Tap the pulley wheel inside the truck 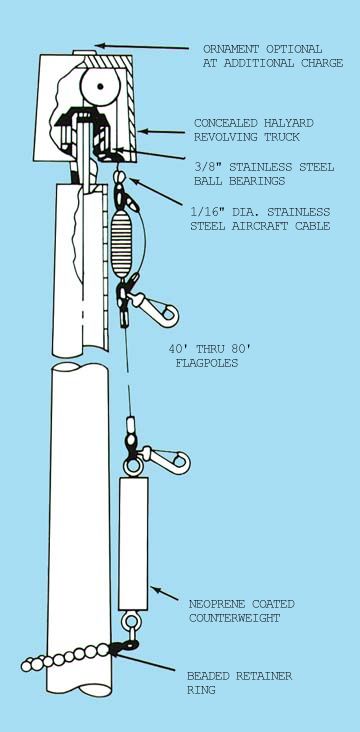tap(100, 86)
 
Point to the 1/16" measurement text tap(206, 212)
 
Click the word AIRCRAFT tap(260, 226)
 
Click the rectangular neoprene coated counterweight tap(133, 543)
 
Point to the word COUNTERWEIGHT tap(234, 618)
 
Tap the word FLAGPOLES tap(207, 363)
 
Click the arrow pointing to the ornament tap(142, 47)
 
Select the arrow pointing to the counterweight tap(164, 593)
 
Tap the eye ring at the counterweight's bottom tap(130, 622)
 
